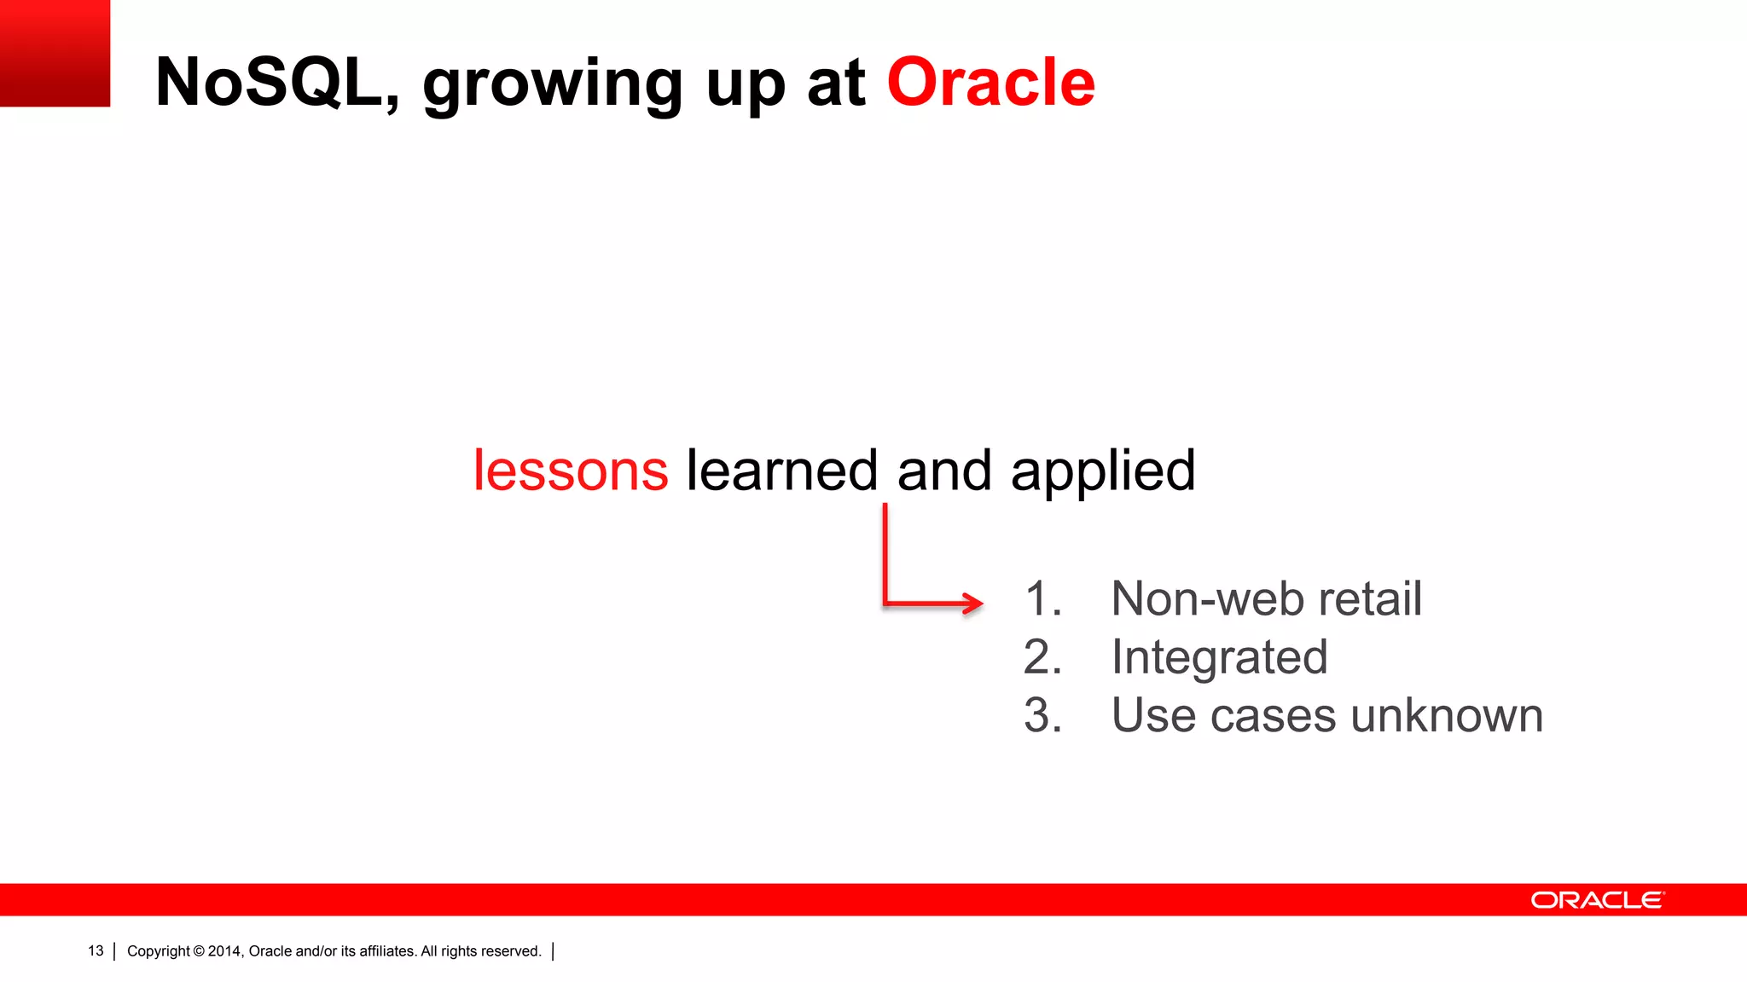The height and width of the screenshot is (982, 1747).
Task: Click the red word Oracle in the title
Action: click(990, 83)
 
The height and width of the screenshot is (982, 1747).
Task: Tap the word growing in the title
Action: click(553, 85)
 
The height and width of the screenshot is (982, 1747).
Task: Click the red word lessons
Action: click(571, 471)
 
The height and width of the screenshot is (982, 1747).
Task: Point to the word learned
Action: click(781, 471)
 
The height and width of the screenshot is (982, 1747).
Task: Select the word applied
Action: click(1102, 473)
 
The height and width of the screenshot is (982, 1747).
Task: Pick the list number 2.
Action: click(1042, 657)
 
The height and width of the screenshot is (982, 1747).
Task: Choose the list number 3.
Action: click(1042, 715)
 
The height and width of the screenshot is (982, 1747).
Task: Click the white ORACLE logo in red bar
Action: click(1597, 900)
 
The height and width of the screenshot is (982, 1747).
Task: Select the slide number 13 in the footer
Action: click(96, 950)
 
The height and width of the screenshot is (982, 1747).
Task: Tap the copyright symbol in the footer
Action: click(199, 951)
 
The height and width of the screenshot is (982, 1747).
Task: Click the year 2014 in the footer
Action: click(224, 951)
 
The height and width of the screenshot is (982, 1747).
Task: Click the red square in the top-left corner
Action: click(55, 53)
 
